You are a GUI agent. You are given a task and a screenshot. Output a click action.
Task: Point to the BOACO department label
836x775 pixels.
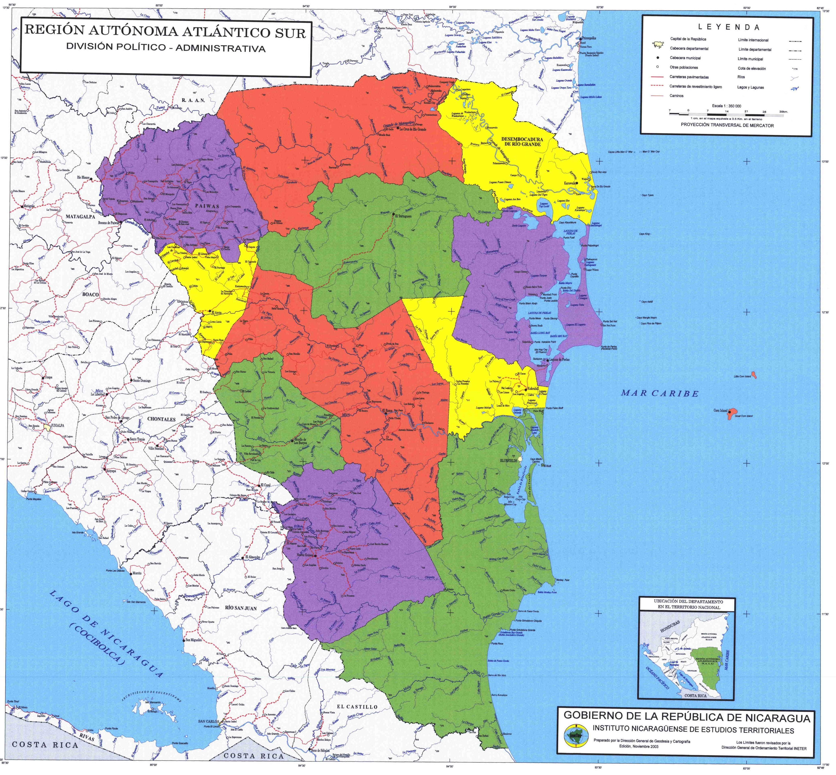point(90,294)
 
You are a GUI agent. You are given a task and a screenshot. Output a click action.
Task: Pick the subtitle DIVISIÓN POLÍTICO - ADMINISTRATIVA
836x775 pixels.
point(165,48)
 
